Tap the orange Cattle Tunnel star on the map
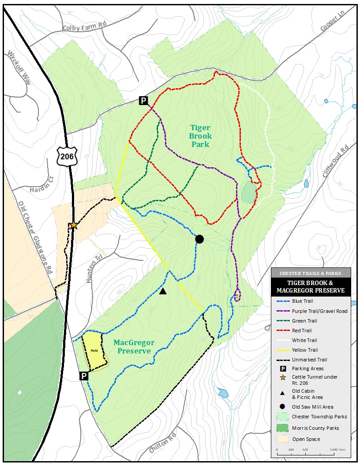click(73, 225)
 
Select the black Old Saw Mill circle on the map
click(199, 239)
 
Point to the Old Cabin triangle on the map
click(163, 291)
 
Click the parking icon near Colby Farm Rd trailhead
click(143, 101)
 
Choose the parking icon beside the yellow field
click(83, 376)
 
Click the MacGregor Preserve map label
click(134, 347)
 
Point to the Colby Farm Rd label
click(85, 27)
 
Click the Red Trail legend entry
click(302, 331)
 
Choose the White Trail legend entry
click(304, 340)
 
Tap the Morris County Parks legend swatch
click(282, 428)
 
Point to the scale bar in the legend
click(311, 451)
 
